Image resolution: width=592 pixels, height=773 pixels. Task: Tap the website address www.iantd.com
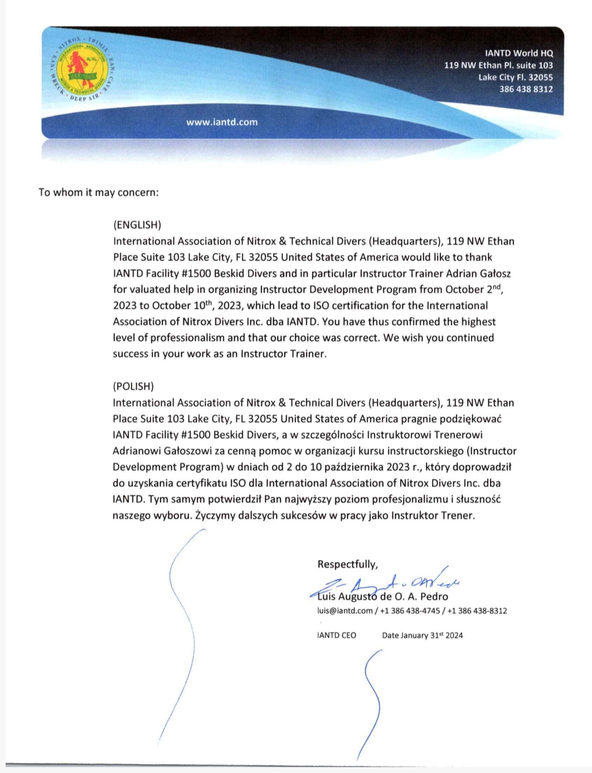(x=222, y=122)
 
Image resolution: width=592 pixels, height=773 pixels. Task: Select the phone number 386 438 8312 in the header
(x=526, y=89)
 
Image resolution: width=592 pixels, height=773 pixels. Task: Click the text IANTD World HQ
(x=518, y=54)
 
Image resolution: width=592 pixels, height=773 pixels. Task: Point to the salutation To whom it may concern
(x=99, y=192)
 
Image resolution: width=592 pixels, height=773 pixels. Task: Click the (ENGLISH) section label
(x=137, y=225)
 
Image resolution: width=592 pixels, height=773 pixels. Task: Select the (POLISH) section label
(x=133, y=386)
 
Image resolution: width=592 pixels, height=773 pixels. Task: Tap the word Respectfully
(x=347, y=564)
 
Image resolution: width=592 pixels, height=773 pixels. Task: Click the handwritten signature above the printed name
(x=385, y=584)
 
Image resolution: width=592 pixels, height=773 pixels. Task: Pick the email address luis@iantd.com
(x=344, y=611)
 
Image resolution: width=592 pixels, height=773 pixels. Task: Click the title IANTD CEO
(x=336, y=635)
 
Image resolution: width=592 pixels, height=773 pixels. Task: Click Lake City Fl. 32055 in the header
(x=515, y=77)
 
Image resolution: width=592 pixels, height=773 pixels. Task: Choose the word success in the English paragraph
(x=130, y=354)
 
